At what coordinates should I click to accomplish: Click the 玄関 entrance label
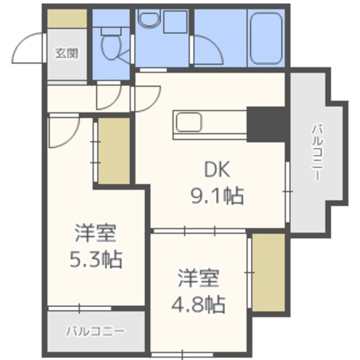pyautogui.click(x=66, y=54)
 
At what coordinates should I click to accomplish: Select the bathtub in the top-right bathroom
pyautogui.click(x=267, y=38)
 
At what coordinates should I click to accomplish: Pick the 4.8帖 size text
pyautogui.click(x=199, y=304)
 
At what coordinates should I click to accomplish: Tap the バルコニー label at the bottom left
pyautogui.click(x=94, y=330)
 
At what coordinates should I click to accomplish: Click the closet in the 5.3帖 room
pyautogui.click(x=114, y=150)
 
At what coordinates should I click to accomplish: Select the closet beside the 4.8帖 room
pyautogui.click(x=268, y=272)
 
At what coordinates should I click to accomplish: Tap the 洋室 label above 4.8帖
pyautogui.click(x=199, y=278)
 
